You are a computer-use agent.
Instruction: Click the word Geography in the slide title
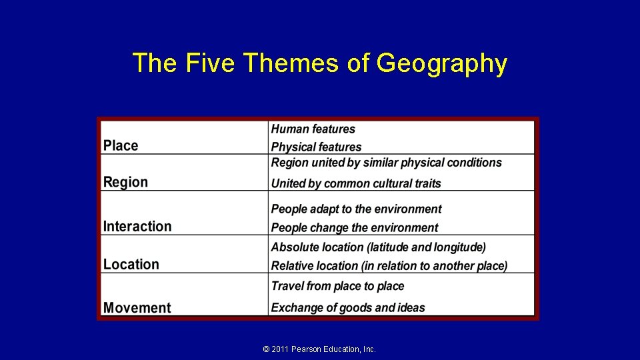[x=441, y=64]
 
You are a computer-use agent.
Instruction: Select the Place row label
[x=121, y=145]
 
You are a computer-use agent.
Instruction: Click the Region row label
[x=125, y=182]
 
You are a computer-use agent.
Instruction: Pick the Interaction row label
[x=137, y=227]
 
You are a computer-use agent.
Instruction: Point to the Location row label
[x=131, y=264]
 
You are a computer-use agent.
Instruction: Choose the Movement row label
[x=137, y=307]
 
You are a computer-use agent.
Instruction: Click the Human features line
[x=313, y=129]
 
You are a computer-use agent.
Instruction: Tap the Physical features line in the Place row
[x=316, y=147]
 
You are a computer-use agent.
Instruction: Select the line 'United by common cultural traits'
[x=356, y=183]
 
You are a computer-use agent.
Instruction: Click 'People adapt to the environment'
[x=356, y=209]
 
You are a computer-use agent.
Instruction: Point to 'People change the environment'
[x=355, y=228]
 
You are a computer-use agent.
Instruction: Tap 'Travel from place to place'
[x=337, y=286]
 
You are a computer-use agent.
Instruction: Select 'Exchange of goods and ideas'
[x=348, y=307]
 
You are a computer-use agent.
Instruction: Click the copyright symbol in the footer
[x=267, y=349]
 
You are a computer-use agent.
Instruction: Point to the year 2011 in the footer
[x=280, y=349]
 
